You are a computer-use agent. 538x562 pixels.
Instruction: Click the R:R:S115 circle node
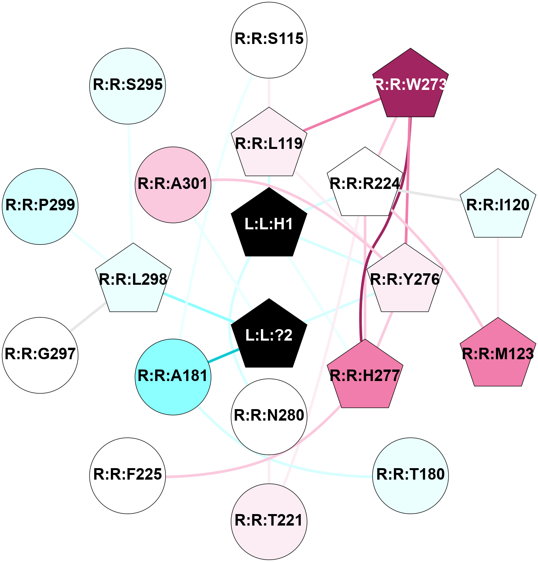(269, 40)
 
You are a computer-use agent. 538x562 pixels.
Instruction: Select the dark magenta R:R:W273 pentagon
(411, 85)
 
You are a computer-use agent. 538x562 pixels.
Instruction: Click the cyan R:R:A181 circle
(173, 377)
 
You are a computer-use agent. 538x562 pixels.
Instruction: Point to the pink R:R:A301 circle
(173, 185)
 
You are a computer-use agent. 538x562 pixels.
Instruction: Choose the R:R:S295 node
(127, 86)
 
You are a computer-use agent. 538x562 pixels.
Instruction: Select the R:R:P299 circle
(40, 206)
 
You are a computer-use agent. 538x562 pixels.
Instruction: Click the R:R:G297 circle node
(40, 355)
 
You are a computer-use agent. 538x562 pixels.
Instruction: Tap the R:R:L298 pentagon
(133, 280)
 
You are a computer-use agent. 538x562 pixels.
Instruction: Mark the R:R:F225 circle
(127, 475)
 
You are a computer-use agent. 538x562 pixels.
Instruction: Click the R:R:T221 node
(269, 521)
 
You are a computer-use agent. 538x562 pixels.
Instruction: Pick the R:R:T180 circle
(411, 475)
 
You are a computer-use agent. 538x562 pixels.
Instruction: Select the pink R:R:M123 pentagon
(498, 354)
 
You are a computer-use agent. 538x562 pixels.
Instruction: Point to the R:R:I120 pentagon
(498, 206)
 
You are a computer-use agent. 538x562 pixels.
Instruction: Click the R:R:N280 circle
(269, 416)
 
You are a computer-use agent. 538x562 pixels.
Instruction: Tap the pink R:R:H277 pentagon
(365, 376)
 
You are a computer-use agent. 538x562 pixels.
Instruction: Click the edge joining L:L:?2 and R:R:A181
(224, 355)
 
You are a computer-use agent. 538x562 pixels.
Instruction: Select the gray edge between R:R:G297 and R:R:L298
(88, 317)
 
